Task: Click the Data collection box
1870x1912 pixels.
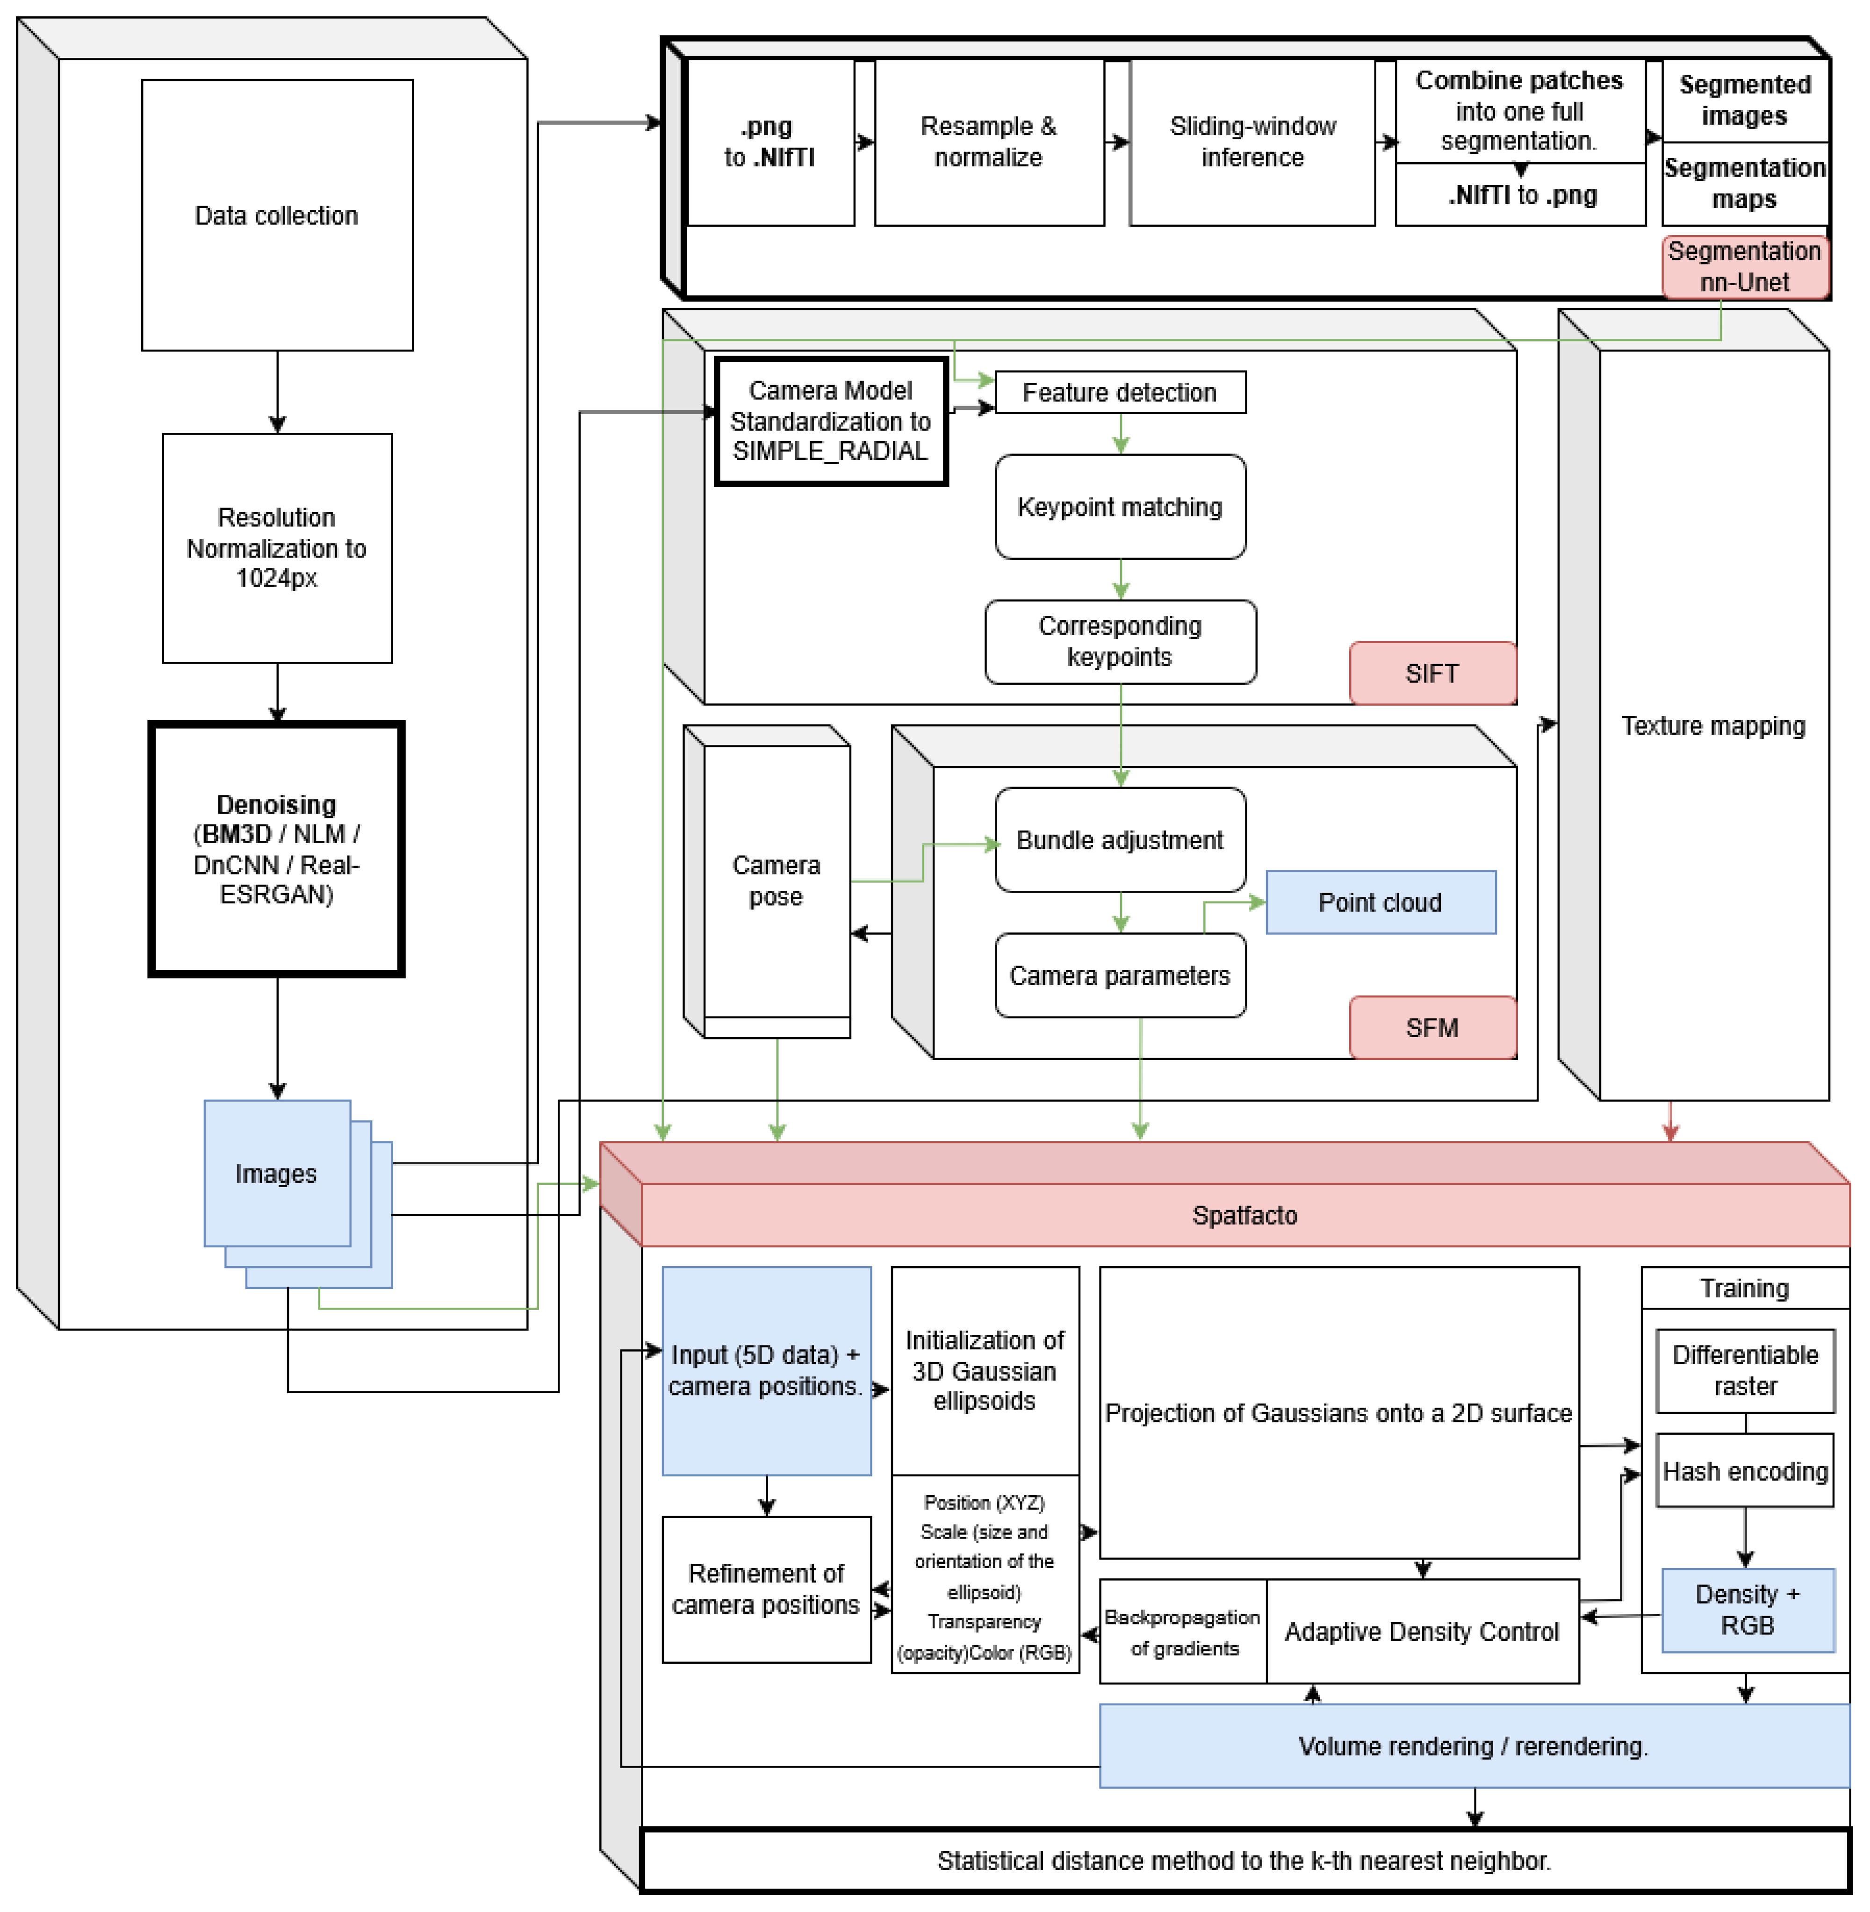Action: click(277, 215)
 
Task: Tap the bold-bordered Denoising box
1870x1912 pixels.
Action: click(277, 850)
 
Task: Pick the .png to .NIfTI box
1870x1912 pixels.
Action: click(770, 143)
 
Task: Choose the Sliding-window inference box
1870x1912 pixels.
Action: click(1252, 143)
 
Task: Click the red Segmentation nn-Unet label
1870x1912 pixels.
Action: click(1744, 266)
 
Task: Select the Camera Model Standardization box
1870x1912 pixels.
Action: click(831, 421)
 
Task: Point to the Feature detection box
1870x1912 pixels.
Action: click(1120, 393)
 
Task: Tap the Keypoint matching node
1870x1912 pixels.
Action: click(1120, 507)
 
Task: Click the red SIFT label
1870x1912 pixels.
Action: click(1432, 673)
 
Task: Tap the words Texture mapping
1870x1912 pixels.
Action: click(1713, 726)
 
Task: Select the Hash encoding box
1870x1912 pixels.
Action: click(1744, 1471)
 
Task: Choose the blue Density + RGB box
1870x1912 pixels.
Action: click(1747, 1611)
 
